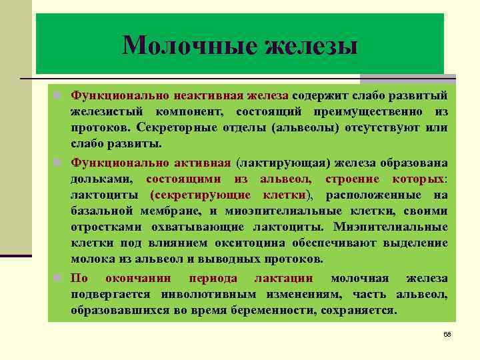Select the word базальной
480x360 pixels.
(102, 211)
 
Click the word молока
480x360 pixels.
(91, 259)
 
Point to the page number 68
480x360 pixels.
(447, 333)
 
